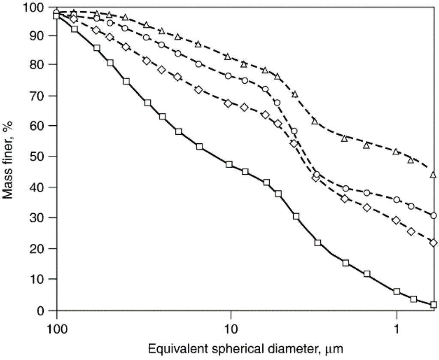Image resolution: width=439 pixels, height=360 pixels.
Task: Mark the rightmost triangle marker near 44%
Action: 433,175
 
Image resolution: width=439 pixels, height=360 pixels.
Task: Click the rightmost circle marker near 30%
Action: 433,215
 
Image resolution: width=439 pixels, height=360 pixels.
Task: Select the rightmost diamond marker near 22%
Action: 433,243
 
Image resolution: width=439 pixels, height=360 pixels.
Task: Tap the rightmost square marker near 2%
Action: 433,305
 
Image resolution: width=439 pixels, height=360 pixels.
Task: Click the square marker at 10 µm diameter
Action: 229,164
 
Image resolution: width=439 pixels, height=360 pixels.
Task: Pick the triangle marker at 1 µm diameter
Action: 396,151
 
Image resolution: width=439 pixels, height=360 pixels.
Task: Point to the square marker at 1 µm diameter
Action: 397,292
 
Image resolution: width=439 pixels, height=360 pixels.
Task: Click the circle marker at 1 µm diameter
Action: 397,200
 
